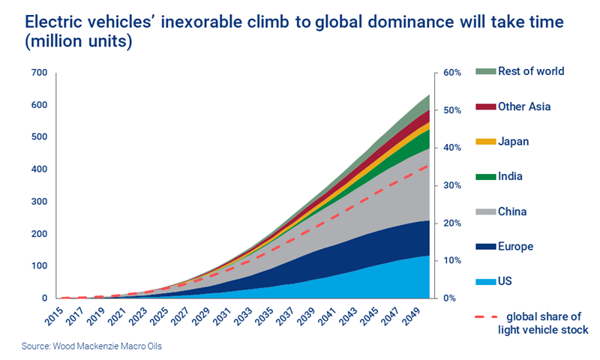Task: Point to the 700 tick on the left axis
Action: coord(38,73)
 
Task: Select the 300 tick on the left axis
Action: coord(38,202)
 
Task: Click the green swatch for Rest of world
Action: coord(485,71)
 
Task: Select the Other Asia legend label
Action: coord(524,106)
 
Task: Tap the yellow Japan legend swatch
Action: coord(485,142)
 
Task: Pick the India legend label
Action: coord(510,177)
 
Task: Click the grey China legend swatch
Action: coord(485,212)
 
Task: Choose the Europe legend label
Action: coord(515,246)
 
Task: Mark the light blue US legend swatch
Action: coord(485,281)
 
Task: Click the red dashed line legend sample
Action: coord(485,316)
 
